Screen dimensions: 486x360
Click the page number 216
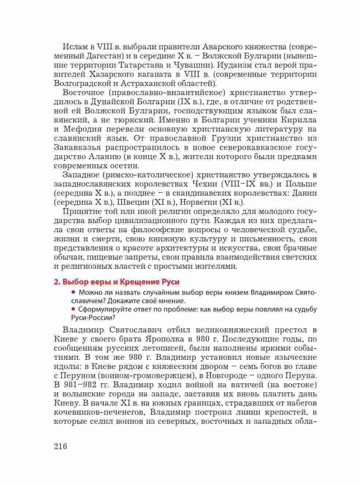click(60, 447)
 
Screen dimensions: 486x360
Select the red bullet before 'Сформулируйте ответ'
click(73, 309)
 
